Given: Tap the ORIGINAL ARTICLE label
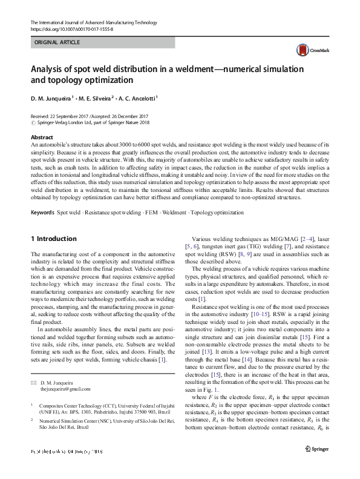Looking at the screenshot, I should pos(57,44).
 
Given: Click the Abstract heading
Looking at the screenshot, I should pos(42,138).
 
